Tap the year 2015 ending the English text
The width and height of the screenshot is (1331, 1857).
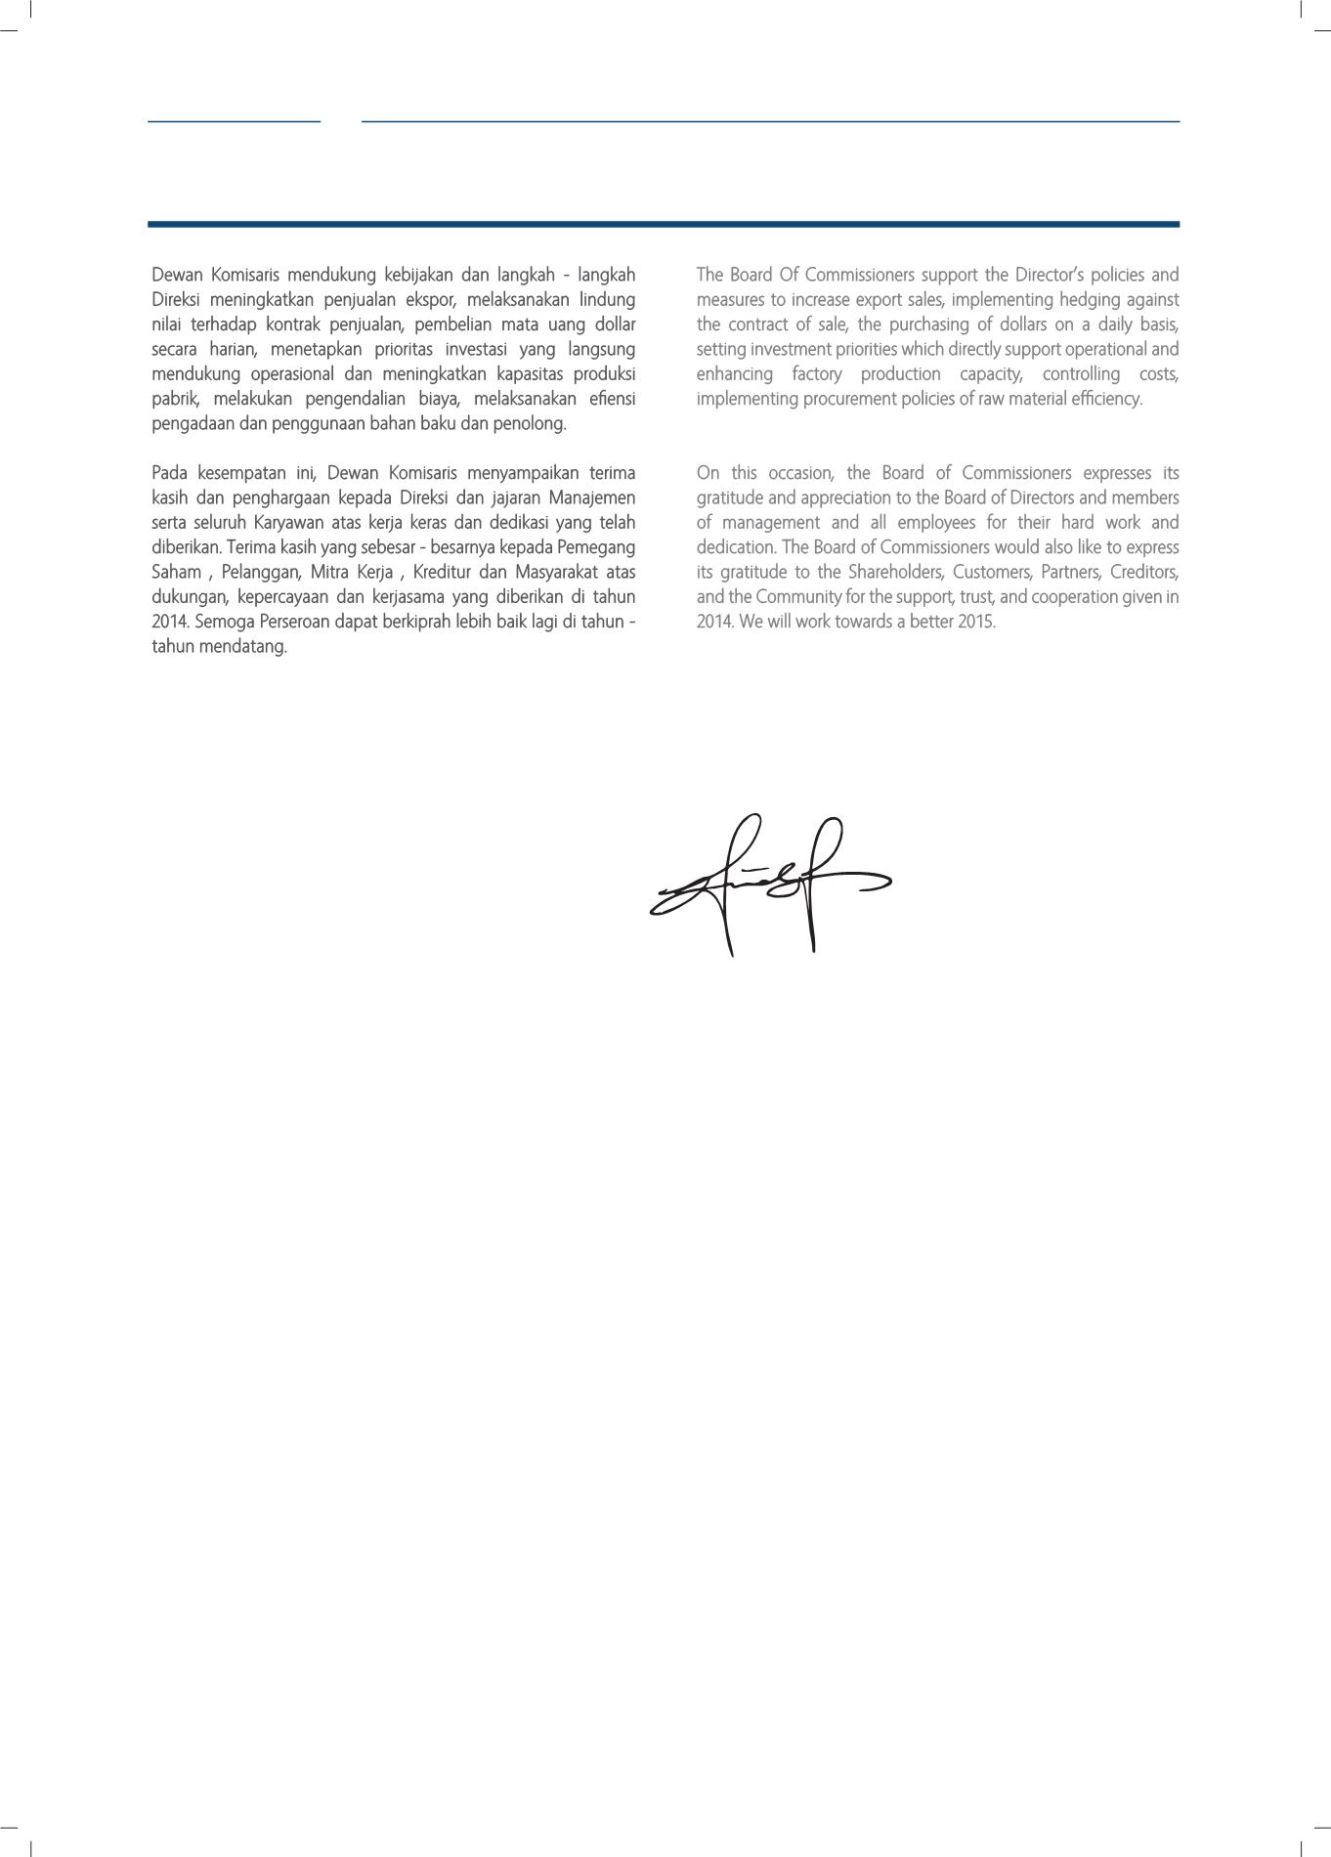(976, 622)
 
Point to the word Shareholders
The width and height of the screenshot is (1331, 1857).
(895, 572)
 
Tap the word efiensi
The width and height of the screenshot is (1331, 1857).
(613, 399)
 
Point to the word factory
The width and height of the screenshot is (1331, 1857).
(816, 374)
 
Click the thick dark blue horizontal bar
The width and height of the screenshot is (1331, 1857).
(664, 225)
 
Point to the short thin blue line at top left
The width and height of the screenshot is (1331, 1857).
(234, 121)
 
